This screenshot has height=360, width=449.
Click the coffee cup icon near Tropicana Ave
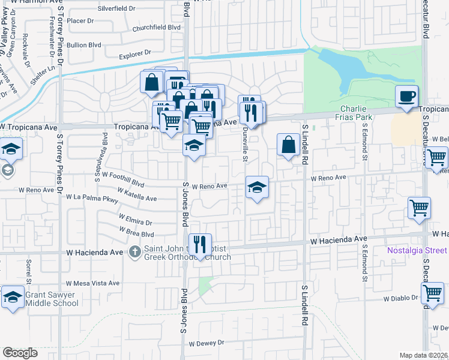[406, 96]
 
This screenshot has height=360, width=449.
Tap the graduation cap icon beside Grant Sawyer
[13, 297]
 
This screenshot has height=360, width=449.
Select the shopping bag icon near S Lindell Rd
[289, 145]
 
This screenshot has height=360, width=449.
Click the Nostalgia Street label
[417, 250]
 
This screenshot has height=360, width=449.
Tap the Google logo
[20, 353]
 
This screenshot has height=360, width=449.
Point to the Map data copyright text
[424, 355]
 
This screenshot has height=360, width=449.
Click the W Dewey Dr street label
[206, 344]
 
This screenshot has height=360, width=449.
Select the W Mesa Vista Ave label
[92, 283]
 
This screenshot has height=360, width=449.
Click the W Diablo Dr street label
[400, 298]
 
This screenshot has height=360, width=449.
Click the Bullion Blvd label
[83, 44]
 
